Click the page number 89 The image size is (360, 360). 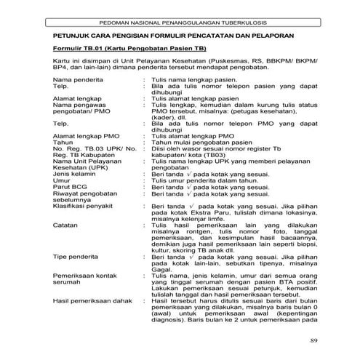(314, 341)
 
